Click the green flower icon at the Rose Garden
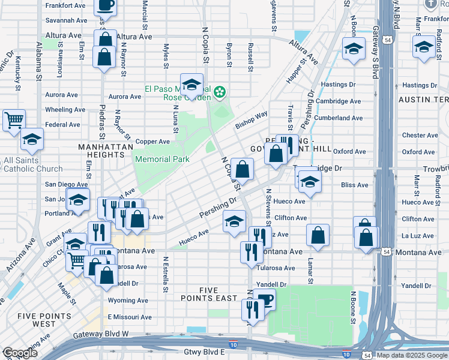pos(220,92)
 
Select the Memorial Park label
pos(162,159)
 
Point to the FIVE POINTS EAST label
pos(209,295)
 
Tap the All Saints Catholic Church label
pos(32,165)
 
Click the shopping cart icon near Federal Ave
pos(14,119)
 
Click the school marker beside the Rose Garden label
pos(192,85)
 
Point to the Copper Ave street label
pos(152,142)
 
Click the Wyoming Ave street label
pos(128,300)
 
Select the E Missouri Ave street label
pos(128,317)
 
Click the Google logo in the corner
pos(20,353)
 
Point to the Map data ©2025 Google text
pos(411,355)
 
